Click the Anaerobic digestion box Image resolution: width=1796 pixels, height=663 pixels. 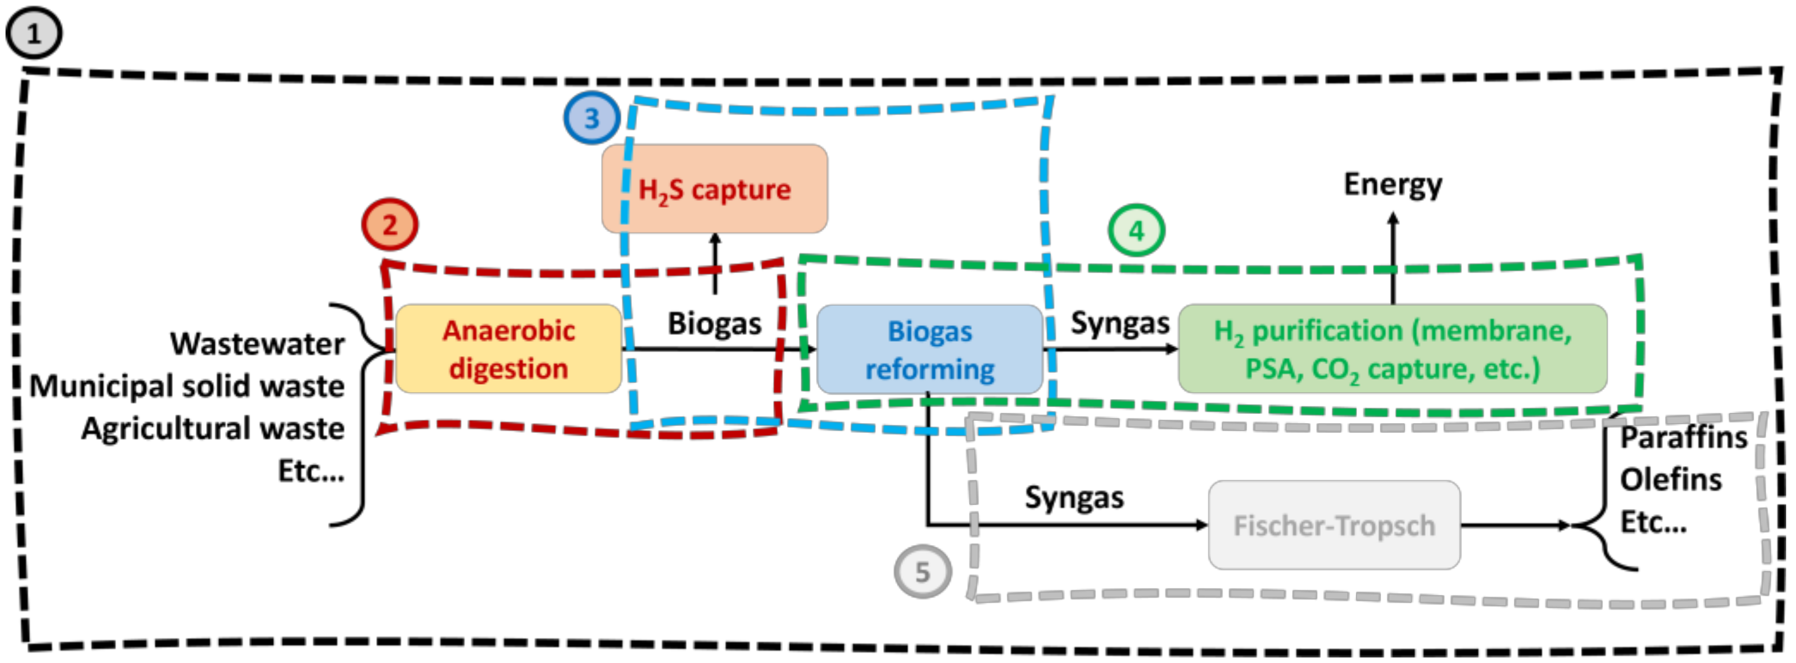click(508, 349)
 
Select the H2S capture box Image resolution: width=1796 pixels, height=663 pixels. click(715, 189)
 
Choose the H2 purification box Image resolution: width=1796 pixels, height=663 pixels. click(1393, 349)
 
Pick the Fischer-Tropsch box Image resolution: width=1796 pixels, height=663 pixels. click(1334, 525)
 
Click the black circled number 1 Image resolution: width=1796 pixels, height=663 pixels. click(33, 33)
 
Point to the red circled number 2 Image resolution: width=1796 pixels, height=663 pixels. click(390, 224)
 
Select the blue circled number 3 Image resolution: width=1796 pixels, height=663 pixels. click(591, 118)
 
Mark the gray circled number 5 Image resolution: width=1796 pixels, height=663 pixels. click(923, 571)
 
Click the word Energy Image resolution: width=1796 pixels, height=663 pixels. click(1393, 185)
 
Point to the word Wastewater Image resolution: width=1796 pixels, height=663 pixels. click(258, 344)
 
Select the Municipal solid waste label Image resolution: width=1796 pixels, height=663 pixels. click(187, 385)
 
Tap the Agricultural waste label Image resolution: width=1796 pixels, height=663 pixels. click(213, 428)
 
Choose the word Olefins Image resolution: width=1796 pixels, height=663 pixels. click(1671, 480)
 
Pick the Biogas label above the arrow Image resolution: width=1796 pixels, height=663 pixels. click(714, 323)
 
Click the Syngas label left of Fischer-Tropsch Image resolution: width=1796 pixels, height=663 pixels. click(1074, 498)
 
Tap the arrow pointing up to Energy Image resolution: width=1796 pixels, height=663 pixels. click(1393, 258)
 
